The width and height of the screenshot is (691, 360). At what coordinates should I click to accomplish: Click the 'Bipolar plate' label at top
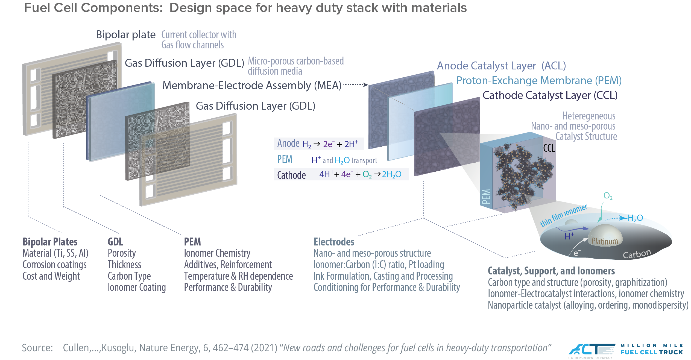pyautogui.click(x=125, y=35)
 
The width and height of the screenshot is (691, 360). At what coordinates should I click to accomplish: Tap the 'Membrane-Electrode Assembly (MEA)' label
pyautogui.click(x=251, y=85)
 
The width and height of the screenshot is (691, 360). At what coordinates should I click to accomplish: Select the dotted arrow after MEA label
pyautogui.click(x=356, y=84)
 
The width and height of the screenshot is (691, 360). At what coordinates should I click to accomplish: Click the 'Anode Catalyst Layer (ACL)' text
pyautogui.click(x=501, y=66)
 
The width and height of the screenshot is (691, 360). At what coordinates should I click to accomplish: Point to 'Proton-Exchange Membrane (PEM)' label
pyautogui.click(x=538, y=80)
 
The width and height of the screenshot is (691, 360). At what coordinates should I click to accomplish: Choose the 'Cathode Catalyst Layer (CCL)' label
pyautogui.click(x=550, y=95)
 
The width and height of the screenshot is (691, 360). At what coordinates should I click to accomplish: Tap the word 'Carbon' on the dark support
pyautogui.click(x=637, y=254)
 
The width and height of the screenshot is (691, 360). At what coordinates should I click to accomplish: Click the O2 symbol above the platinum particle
pyautogui.click(x=608, y=196)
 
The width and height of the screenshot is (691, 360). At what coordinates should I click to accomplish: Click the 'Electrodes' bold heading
pyautogui.click(x=334, y=242)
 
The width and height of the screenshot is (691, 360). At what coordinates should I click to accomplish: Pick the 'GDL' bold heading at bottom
pyautogui.click(x=115, y=242)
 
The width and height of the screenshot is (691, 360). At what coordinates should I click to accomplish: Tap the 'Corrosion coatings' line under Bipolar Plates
pyautogui.click(x=54, y=265)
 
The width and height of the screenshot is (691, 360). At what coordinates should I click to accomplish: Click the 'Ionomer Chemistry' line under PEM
pyautogui.click(x=217, y=253)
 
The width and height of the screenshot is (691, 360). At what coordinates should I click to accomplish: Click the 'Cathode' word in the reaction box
pyautogui.click(x=291, y=175)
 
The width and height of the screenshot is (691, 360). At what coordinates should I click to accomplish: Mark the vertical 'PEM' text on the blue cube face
pyautogui.click(x=486, y=196)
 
